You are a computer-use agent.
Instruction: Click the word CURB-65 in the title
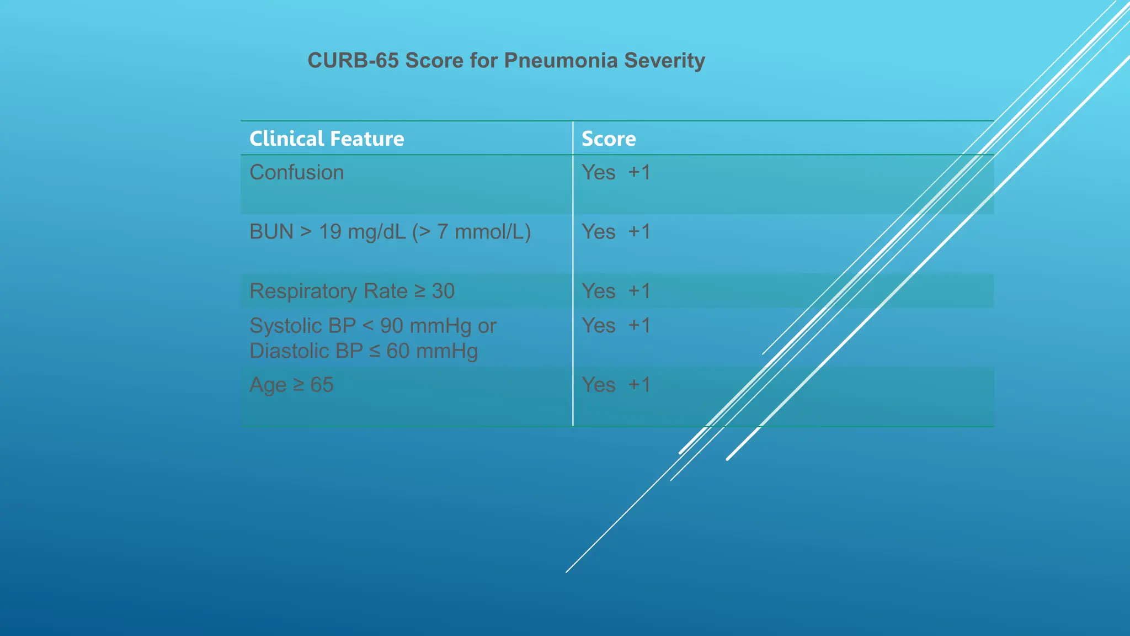coord(353,60)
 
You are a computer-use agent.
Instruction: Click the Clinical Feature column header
coord(327,139)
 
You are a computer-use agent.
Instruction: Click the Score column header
coord(609,139)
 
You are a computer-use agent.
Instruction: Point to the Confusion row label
coord(296,172)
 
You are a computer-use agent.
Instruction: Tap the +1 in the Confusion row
coord(639,172)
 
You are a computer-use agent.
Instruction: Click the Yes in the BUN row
coord(598,232)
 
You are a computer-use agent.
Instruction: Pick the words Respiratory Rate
coord(328,291)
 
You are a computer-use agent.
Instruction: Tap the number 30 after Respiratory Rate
coord(443,291)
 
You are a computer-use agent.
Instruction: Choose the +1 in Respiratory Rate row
coord(639,291)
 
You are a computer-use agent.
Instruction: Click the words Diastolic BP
coord(306,351)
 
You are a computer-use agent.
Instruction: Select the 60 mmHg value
coord(431,351)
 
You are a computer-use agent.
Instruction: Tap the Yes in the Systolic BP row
coord(598,326)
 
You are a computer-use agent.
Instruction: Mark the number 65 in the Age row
coord(322,385)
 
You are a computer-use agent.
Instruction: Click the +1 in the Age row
coord(639,385)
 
